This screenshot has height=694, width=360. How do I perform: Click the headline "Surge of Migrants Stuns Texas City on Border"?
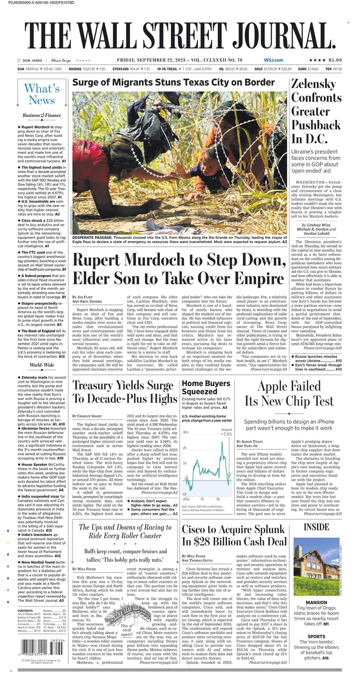173,82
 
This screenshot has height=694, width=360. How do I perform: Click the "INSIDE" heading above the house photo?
316,527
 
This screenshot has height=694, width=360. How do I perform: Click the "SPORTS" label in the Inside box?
316,636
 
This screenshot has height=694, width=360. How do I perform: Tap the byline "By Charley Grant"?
87,415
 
